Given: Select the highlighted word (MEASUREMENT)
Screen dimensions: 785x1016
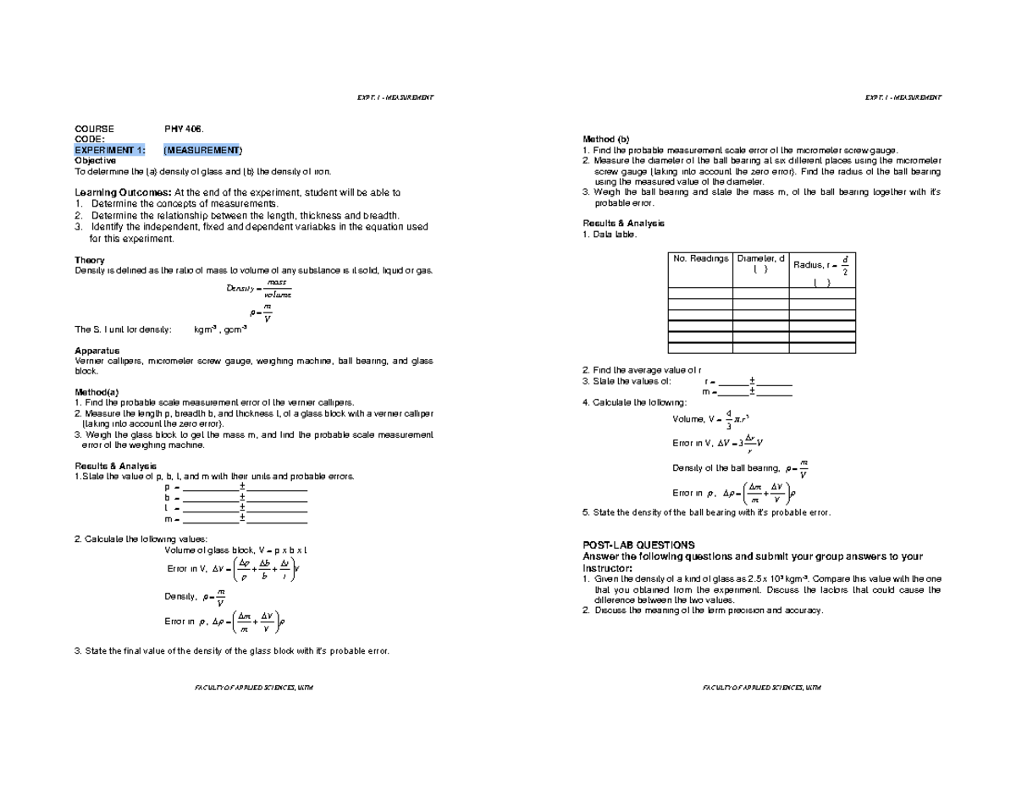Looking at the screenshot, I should click(x=202, y=150).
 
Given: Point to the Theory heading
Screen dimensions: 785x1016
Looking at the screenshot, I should click(x=90, y=260).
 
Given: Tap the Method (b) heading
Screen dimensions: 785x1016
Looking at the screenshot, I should click(x=607, y=139).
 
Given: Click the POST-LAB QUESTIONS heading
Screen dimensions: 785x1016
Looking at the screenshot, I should click(x=638, y=545).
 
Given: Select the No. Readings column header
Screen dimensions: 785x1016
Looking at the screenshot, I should click(x=700, y=258).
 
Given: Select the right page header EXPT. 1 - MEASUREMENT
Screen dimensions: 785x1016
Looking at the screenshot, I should click(x=903, y=97).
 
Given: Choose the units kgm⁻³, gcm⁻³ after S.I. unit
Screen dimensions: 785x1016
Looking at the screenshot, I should click(x=220, y=329).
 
